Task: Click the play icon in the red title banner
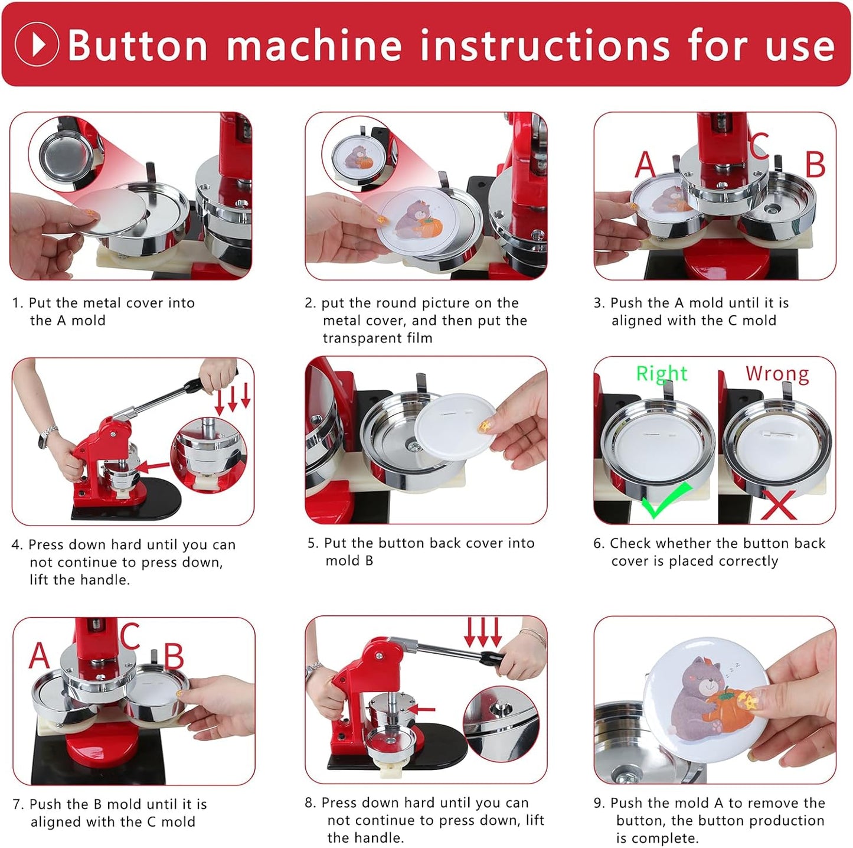pyautogui.click(x=36, y=44)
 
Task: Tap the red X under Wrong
pyautogui.click(x=778, y=505)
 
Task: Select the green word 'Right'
pyautogui.click(x=661, y=373)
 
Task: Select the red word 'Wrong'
pyautogui.click(x=777, y=373)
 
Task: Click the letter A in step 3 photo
pyautogui.click(x=645, y=165)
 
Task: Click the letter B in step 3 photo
pyautogui.click(x=815, y=165)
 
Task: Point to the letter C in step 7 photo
pyautogui.click(x=130, y=636)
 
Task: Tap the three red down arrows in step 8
pyautogui.click(x=483, y=632)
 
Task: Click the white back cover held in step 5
pyautogui.click(x=455, y=423)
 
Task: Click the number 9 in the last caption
pyautogui.click(x=599, y=803)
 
